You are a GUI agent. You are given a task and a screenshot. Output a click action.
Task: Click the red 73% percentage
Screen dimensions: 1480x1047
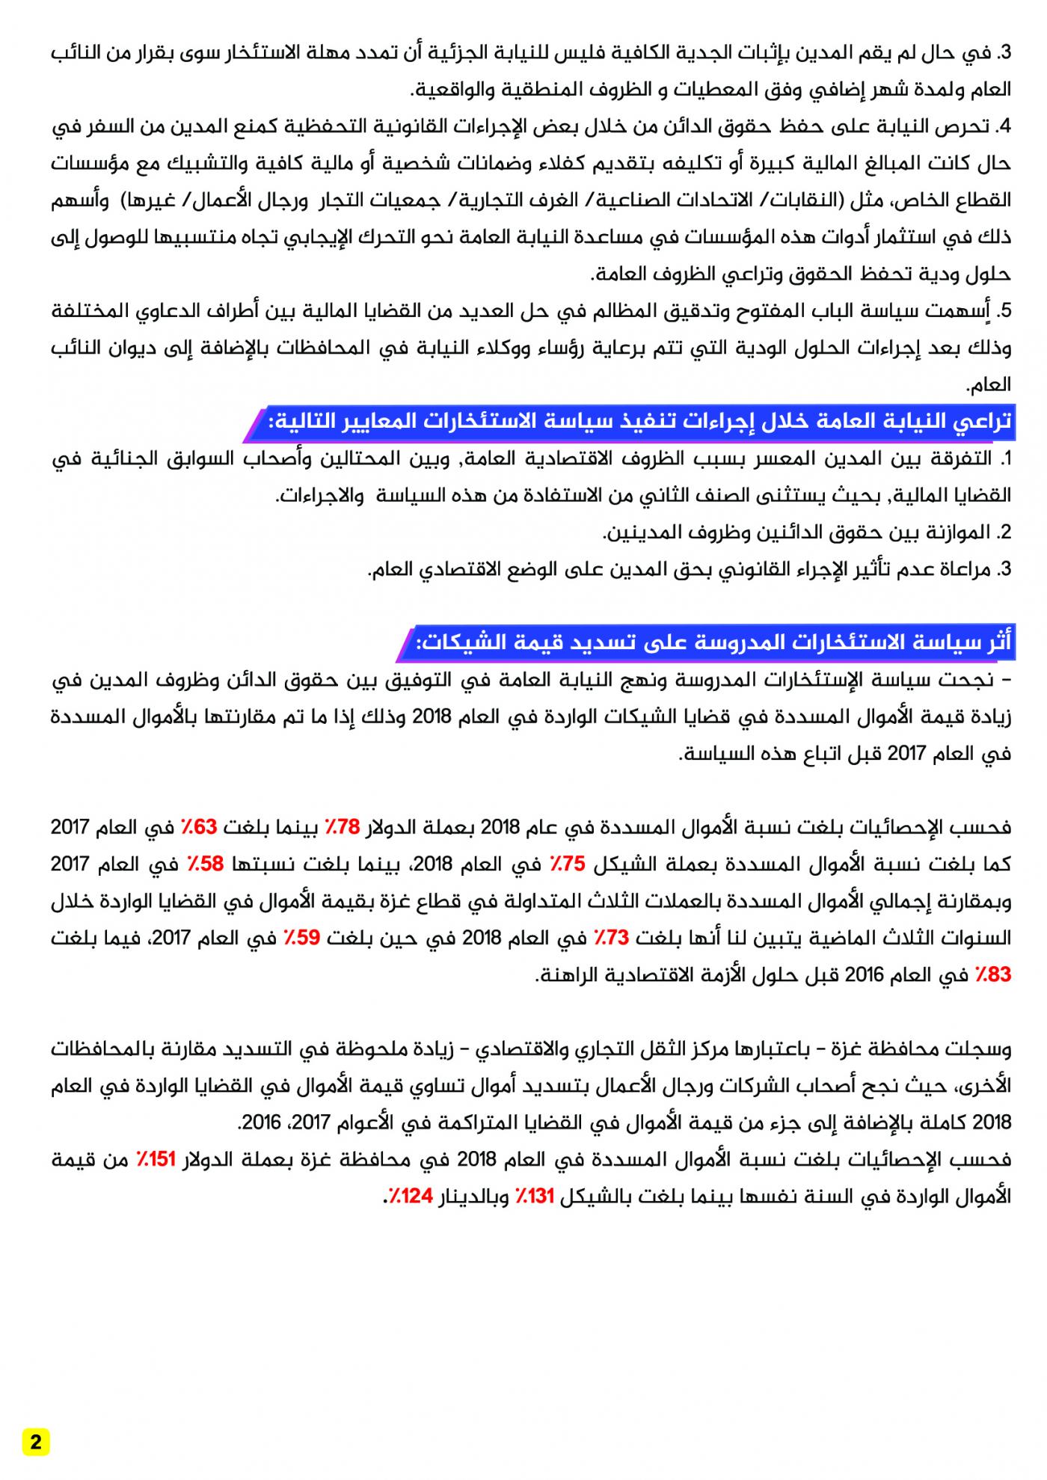[612, 938]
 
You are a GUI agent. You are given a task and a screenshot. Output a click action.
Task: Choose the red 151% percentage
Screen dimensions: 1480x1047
[156, 1160]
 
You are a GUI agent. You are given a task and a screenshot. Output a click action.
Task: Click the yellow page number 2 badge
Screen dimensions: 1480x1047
[36, 1443]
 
